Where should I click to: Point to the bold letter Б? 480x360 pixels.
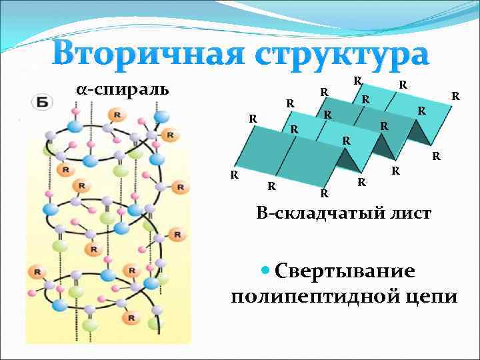click(42, 102)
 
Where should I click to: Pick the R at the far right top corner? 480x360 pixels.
click(455, 96)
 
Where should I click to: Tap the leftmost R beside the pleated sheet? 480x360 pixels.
click(234, 175)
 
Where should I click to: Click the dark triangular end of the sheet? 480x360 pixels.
click(419, 133)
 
